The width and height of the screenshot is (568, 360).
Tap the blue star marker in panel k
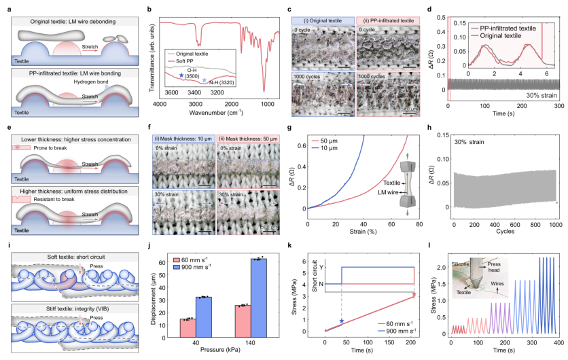click(342, 320)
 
